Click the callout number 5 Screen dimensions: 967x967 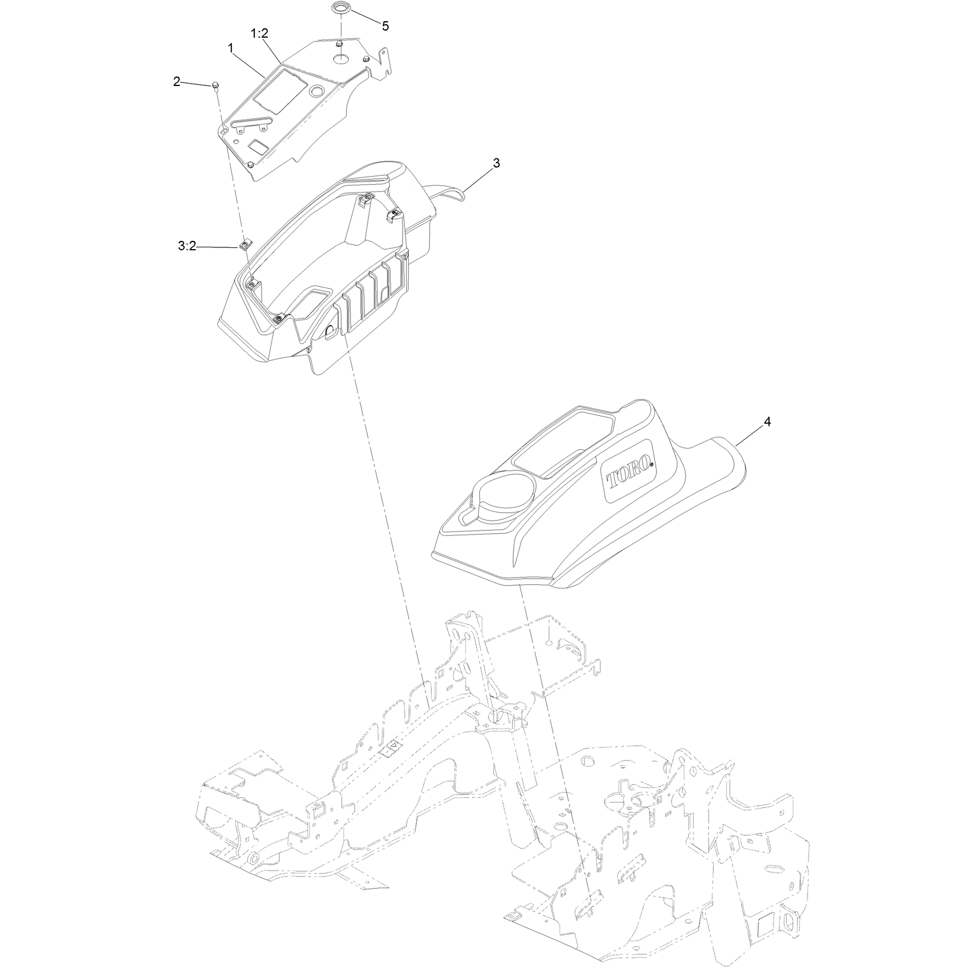click(x=385, y=26)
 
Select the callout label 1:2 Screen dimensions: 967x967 click(x=260, y=35)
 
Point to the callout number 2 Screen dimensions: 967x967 click(x=177, y=82)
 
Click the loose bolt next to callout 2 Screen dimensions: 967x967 click(x=216, y=87)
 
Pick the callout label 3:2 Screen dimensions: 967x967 click(x=187, y=247)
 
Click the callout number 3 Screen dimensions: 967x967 click(x=496, y=163)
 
